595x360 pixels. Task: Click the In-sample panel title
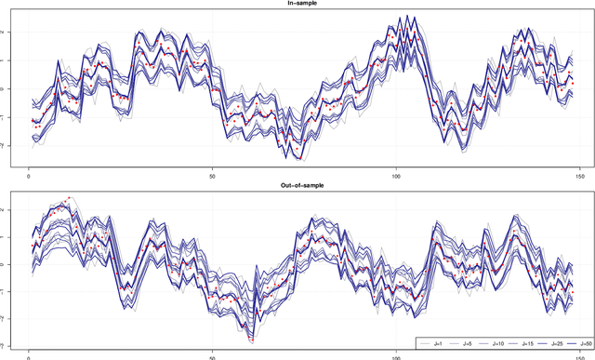297,4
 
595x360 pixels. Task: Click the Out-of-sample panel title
297,185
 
